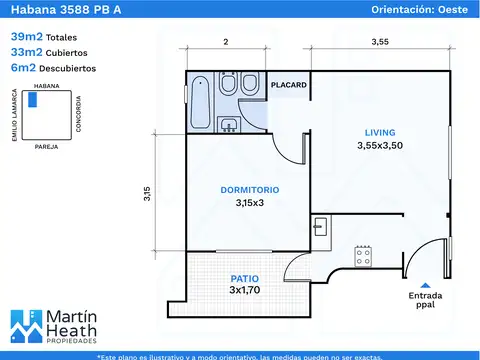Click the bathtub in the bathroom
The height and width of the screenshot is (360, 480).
click(201, 102)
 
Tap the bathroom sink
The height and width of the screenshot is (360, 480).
click(229, 124)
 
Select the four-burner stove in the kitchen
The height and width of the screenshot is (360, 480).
click(363, 257)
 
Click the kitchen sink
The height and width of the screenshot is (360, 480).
click(321, 226)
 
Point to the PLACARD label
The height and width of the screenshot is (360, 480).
click(289, 85)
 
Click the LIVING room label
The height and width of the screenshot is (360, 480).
click(380, 133)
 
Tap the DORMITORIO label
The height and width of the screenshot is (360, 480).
click(250, 190)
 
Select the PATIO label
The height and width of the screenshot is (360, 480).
click(245, 279)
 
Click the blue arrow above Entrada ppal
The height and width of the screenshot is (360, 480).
click(425, 285)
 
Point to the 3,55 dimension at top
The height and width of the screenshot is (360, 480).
click(380, 42)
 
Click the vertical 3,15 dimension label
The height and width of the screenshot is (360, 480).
click(147, 194)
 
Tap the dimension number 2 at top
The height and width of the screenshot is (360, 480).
click(226, 42)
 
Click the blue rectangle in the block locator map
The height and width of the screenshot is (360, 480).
click(32, 100)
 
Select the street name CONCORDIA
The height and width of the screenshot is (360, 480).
click(78, 114)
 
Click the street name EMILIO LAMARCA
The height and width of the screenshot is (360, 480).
click(14, 115)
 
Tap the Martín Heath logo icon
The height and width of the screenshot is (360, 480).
click(27, 326)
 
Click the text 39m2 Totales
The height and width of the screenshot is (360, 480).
click(44, 37)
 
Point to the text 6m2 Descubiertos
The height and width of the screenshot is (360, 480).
click(53, 68)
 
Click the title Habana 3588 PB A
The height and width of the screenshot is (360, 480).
click(66, 9)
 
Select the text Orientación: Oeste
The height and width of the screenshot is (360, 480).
click(420, 9)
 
